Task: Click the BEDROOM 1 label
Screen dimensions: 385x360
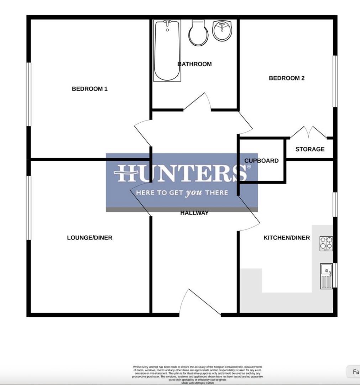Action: coord(89,89)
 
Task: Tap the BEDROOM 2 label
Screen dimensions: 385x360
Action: coord(287,78)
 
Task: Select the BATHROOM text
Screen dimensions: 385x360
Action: coord(195,64)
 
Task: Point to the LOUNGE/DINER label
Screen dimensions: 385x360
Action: coord(89,238)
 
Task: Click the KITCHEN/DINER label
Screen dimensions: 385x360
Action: coord(287,238)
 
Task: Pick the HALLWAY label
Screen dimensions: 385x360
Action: coord(194,213)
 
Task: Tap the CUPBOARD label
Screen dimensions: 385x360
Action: coord(261,161)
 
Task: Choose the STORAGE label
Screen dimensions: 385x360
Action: coord(310,149)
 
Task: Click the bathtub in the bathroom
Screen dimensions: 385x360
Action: coord(167,51)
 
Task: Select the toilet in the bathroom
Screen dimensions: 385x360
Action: coord(198,33)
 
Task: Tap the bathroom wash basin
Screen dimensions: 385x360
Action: coord(223,30)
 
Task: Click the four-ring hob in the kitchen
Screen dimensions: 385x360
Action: coord(326,243)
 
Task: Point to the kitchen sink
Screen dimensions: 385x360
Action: coord(326,276)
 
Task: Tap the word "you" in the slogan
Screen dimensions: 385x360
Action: coord(193,193)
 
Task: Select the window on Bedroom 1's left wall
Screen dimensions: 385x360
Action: coord(28,94)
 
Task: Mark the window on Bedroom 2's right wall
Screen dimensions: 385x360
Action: coord(335,81)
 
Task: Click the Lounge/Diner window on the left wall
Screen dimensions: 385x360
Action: coord(28,208)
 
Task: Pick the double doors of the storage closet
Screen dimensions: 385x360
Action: coord(308,133)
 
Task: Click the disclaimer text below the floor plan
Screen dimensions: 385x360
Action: coord(198,374)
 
